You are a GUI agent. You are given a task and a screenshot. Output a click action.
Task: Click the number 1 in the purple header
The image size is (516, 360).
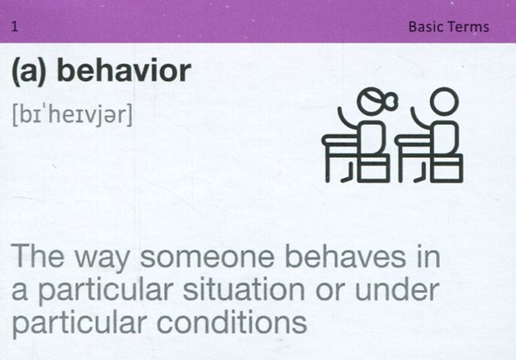[14, 27]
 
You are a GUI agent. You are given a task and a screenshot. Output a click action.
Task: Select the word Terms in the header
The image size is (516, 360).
[470, 27]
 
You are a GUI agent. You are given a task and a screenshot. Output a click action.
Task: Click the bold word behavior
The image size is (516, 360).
[124, 71]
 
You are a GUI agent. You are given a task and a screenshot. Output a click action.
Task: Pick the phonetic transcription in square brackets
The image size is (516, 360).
[71, 115]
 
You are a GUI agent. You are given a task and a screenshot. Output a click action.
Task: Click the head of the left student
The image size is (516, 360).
[369, 102]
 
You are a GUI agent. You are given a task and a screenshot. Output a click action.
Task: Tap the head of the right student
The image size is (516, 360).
[444, 102]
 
